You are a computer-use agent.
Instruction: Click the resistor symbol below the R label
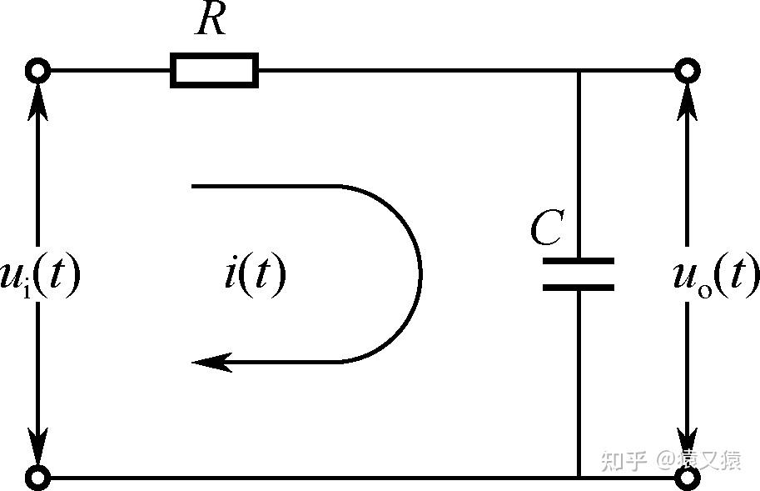(214, 71)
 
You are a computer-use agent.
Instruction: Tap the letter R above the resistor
(211, 21)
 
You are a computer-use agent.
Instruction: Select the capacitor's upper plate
(579, 261)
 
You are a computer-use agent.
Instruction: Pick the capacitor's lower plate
(579, 288)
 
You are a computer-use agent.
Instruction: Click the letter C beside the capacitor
(547, 228)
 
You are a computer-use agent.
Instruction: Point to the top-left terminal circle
(38, 71)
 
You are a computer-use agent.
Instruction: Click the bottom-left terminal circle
(38, 478)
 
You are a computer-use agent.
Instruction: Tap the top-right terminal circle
(687, 71)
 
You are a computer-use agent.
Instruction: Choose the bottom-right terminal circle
(687, 478)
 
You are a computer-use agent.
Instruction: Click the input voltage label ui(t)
(39, 275)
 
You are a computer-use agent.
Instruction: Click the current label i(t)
(255, 273)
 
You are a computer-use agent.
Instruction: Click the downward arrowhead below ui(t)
(38, 447)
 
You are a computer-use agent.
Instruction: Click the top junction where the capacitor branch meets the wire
(579, 71)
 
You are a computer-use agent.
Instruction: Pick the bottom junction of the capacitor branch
(579, 478)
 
